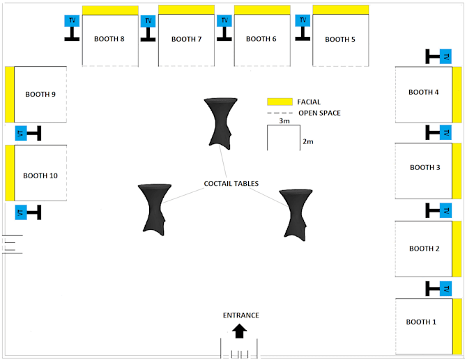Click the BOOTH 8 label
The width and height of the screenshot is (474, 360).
pyautogui.click(x=109, y=39)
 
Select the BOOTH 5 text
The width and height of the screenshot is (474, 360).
pyautogui.click(x=340, y=39)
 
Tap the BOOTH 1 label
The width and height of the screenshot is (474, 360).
pyautogui.click(x=421, y=322)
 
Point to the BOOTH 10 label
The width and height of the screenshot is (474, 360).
pyautogui.click(x=40, y=176)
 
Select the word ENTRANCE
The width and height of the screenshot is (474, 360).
pyautogui.click(x=240, y=315)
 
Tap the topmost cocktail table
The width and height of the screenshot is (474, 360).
pyautogui.click(x=220, y=123)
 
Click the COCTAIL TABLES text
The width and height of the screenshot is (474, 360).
pyautogui.click(x=231, y=184)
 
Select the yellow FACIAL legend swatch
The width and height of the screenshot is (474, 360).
pyautogui.click(x=280, y=102)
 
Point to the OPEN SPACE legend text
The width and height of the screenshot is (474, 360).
pyautogui.click(x=319, y=113)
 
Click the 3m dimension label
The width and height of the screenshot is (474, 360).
pyautogui.click(x=284, y=121)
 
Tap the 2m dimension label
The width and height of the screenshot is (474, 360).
pyautogui.click(x=308, y=141)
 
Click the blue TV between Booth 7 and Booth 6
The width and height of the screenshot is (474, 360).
pyautogui.click(x=224, y=21)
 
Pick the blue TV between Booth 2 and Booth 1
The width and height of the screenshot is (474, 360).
pyautogui.click(x=446, y=288)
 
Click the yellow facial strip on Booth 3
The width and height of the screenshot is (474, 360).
pyautogui.click(x=457, y=171)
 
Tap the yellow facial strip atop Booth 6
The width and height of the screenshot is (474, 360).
pyautogui.click(x=262, y=10)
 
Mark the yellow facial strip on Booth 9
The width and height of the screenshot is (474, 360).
pyautogui.click(x=10, y=94)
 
